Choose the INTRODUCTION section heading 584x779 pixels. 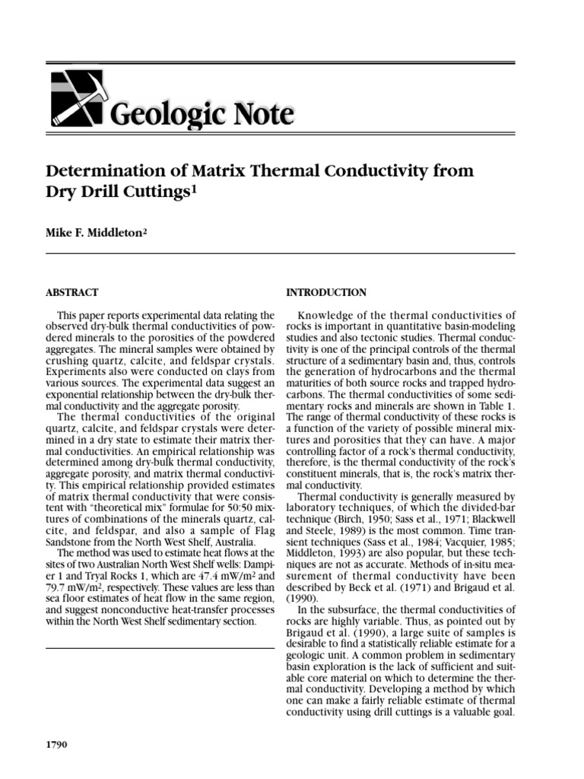(x=325, y=292)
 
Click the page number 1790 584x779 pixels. (x=58, y=744)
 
